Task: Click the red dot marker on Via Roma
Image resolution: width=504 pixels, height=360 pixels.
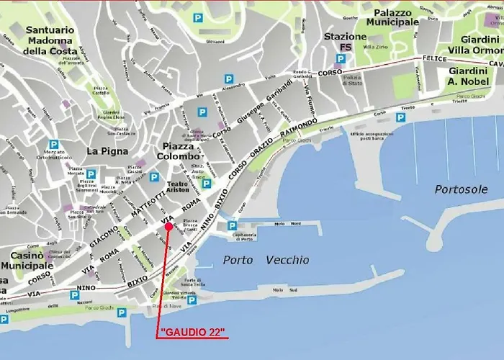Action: click(x=168, y=227)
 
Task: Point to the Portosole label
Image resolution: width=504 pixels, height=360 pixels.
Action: click(x=461, y=189)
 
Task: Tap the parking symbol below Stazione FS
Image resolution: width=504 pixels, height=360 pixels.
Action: click(x=346, y=62)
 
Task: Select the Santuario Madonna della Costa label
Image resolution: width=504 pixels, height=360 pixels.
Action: click(x=49, y=40)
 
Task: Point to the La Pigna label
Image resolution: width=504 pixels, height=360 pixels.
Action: click(x=107, y=151)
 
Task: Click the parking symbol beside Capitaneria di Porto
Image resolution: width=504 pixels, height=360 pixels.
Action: click(x=233, y=226)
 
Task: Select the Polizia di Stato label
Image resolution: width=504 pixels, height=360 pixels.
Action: click(x=352, y=79)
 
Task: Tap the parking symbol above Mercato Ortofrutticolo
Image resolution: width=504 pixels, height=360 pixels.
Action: click(x=53, y=143)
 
